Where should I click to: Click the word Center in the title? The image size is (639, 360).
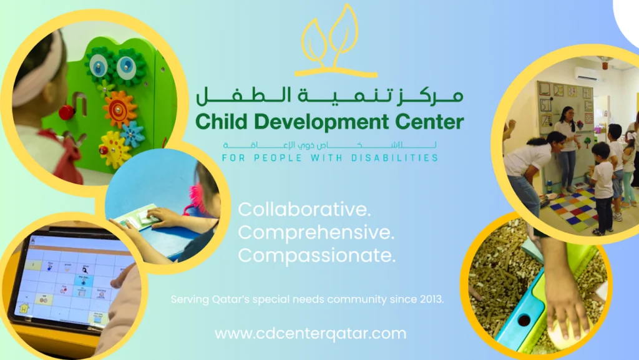[x=431, y=122]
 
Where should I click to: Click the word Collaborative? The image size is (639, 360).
[x=305, y=209]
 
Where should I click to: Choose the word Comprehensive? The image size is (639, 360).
[x=316, y=233]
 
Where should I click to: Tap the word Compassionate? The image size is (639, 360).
[x=316, y=255]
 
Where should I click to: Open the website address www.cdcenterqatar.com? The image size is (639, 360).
[x=311, y=334]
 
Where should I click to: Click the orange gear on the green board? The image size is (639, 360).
[x=119, y=109]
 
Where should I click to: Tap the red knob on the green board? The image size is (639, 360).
[x=67, y=112]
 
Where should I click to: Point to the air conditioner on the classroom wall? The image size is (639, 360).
[x=587, y=74]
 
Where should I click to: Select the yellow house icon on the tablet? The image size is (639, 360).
[x=24, y=308]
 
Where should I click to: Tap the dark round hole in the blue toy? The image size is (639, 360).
[x=524, y=321]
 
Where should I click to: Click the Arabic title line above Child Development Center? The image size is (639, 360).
[x=329, y=95]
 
